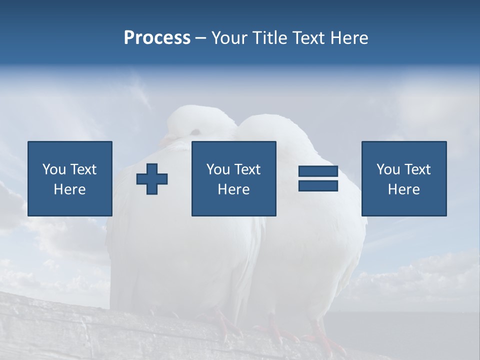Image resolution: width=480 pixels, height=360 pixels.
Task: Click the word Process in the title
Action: click(157, 37)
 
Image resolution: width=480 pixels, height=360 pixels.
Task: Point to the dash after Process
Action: click(201, 38)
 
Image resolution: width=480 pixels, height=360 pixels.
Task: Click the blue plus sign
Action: click(152, 179)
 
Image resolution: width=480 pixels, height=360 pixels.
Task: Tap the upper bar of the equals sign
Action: click(318, 171)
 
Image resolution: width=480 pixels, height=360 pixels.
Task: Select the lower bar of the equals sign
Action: click(318, 185)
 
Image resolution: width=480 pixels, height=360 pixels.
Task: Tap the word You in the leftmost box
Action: click(54, 169)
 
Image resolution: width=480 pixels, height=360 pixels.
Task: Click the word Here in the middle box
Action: click(234, 189)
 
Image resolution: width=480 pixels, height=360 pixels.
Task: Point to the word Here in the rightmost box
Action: click(404, 189)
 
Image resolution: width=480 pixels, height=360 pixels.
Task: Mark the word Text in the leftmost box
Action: click(83, 169)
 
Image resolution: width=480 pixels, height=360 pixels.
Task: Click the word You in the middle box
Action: click(218, 169)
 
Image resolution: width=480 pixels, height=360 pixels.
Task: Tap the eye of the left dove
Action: click(195, 131)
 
